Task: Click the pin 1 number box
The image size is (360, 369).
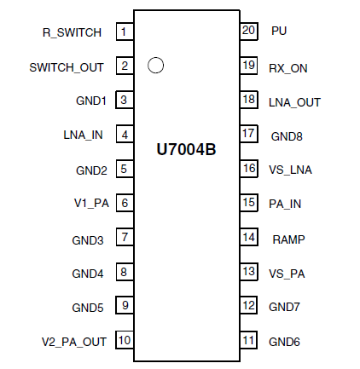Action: (x=125, y=32)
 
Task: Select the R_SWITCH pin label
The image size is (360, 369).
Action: (x=73, y=32)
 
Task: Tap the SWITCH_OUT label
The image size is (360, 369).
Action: (x=67, y=66)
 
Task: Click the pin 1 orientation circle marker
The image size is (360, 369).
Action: (x=155, y=65)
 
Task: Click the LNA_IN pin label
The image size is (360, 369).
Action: (x=83, y=135)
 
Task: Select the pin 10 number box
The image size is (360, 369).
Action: (x=125, y=341)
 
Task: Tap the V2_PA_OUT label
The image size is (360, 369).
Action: (x=74, y=342)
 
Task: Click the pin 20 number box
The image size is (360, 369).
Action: (x=248, y=30)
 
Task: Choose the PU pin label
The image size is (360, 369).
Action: (x=279, y=31)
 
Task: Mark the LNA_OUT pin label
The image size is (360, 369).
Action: (x=294, y=101)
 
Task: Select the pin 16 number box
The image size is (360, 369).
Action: (x=248, y=168)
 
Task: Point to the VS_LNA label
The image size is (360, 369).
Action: (x=291, y=170)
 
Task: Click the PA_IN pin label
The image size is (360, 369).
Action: (x=285, y=204)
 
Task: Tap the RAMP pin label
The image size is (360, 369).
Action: (x=287, y=239)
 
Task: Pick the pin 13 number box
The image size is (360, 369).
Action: (x=248, y=272)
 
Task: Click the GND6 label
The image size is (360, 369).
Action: (x=285, y=342)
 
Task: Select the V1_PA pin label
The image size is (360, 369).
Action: (x=90, y=204)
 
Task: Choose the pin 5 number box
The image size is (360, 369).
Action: (x=125, y=169)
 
